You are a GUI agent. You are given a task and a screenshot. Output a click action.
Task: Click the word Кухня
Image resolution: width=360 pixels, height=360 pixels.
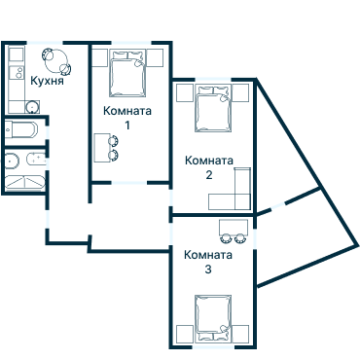coord(47,81)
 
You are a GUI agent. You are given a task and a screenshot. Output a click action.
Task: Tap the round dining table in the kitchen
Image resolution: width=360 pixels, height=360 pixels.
coord(56,60)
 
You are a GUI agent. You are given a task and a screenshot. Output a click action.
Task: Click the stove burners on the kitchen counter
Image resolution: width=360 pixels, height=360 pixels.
coord(19,72)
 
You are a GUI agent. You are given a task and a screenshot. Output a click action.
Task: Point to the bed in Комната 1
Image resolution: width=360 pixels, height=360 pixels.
coord(126,74)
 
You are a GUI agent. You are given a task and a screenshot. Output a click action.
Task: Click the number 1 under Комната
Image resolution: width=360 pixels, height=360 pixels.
coord(127,125)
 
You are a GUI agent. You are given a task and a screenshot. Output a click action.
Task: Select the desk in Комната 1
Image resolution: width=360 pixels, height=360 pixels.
coord(102,148)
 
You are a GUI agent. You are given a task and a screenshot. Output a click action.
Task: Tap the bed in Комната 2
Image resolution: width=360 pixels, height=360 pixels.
coord(213,108)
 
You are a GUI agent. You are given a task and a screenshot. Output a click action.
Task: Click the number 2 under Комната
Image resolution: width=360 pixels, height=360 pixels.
coord(209,175)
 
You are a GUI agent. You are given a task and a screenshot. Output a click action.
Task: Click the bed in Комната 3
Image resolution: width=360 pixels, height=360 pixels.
coord(213,318)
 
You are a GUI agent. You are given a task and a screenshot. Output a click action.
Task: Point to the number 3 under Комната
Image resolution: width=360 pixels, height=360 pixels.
coord(208,270)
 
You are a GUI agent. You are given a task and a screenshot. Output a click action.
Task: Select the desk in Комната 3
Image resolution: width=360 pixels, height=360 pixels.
coord(234,227)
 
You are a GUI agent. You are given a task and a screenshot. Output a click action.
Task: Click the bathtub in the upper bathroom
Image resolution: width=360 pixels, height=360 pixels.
coord(21,129)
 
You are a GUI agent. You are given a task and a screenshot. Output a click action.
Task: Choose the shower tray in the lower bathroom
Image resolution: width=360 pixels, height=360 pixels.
coord(24,182)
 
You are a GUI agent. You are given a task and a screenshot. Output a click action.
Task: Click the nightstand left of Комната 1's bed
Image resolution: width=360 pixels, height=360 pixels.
coord(99,58)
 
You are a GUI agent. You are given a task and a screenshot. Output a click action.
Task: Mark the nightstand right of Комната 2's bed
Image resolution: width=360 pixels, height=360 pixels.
coord(240,92)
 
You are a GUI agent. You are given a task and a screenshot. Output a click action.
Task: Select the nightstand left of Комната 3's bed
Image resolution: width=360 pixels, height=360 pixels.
coord(185,334)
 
